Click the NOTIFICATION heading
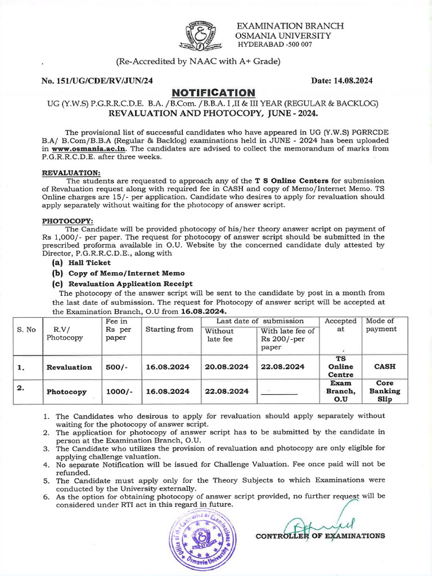pos(213,92)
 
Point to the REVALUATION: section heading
pos(71,172)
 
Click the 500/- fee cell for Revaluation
pos(118,367)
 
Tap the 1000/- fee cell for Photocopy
pos(119,391)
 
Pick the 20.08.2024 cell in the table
pos(227,367)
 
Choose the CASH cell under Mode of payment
pos(385,366)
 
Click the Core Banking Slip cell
pos(385,391)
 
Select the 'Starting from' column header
pos(169,330)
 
